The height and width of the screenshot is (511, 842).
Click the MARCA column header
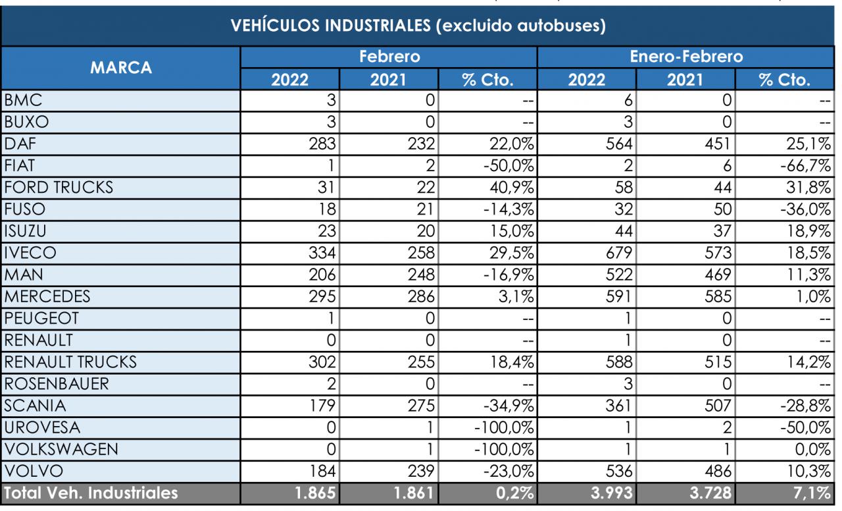(120, 68)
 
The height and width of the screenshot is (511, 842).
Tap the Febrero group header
(389, 57)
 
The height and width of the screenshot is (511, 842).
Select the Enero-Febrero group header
(686, 57)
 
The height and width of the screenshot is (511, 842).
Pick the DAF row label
(20, 144)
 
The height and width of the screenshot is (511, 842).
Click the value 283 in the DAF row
(322, 144)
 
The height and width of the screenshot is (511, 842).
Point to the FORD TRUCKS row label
(59, 188)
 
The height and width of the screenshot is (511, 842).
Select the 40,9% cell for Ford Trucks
(512, 188)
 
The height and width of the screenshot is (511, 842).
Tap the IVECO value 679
(619, 253)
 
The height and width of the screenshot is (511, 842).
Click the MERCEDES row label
(47, 296)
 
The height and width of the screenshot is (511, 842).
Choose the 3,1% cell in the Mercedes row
(516, 296)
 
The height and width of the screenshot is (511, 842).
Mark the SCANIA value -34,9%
(508, 406)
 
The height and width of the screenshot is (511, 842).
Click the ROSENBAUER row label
(57, 384)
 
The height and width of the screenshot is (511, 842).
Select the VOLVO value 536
(619, 471)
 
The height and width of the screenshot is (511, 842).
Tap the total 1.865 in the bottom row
(315, 493)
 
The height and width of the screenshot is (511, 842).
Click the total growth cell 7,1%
(812, 493)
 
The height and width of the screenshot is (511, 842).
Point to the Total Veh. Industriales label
(91, 493)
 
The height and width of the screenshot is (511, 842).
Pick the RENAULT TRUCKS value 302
(322, 362)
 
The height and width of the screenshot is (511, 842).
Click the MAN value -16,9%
(508, 275)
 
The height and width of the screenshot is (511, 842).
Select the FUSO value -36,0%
(806, 209)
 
